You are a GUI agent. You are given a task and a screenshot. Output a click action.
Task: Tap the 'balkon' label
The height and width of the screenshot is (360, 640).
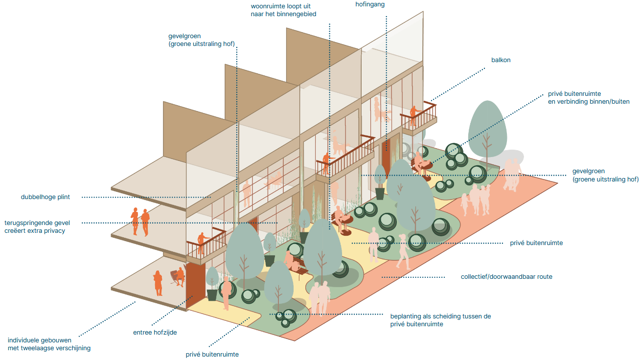pyautogui.click(x=501, y=60)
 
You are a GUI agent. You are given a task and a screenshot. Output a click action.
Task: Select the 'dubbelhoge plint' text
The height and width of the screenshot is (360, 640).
pyautogui.click(x=46, y=197)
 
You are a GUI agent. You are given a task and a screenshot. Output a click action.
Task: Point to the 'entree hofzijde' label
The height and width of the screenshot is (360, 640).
pyautogui.click(x=155, y=332)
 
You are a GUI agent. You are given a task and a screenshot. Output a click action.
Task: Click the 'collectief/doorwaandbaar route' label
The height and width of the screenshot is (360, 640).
pyautogui.click(x=506, y=277)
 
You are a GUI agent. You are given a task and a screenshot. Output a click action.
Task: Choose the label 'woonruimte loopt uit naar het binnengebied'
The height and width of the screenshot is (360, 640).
pyautogui.click(x=283, y=10)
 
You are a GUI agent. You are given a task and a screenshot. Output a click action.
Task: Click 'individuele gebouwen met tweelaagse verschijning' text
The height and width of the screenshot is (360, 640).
pyautogui.click(x=49, y=344)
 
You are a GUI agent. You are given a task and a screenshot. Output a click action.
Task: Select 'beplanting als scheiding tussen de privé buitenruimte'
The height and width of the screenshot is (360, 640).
pyautogui.click(x=440, y=320)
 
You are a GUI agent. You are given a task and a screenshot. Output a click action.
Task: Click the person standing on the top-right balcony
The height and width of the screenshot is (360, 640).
pyautogui.click(x=413, y=112)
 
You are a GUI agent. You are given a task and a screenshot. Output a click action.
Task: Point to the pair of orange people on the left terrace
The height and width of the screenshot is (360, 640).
pyautogui.click(x=140, y=221)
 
